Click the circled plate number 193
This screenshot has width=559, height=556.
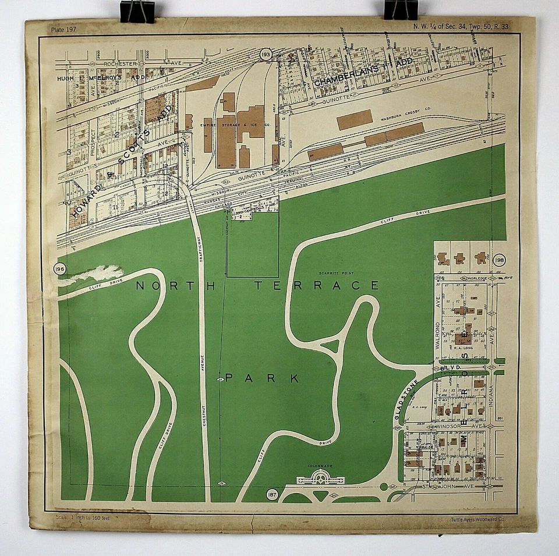pyautogui.click(x=266, y=55)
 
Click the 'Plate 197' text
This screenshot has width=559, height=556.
pyautogui.click(x=64, y=29)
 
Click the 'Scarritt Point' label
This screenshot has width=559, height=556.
pyautogui.click(x=333, y=273)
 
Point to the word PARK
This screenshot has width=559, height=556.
pyautogui.click(x=262, y=378)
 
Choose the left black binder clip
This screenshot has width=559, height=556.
pyautogui.click(x=137, y=11)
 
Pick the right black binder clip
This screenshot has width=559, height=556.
pyautogui.click(x=401, y=10)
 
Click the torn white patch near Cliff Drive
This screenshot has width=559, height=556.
pyautogui.click(x=93, y=274)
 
